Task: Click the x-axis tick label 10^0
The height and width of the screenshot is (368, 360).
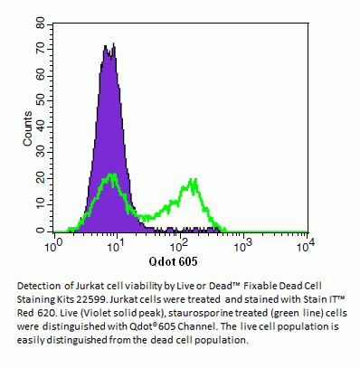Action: (x=58, y=244)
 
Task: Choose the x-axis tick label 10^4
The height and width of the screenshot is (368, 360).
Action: (x=306, y=244)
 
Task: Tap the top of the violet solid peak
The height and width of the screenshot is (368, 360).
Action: (x=106, y=45)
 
